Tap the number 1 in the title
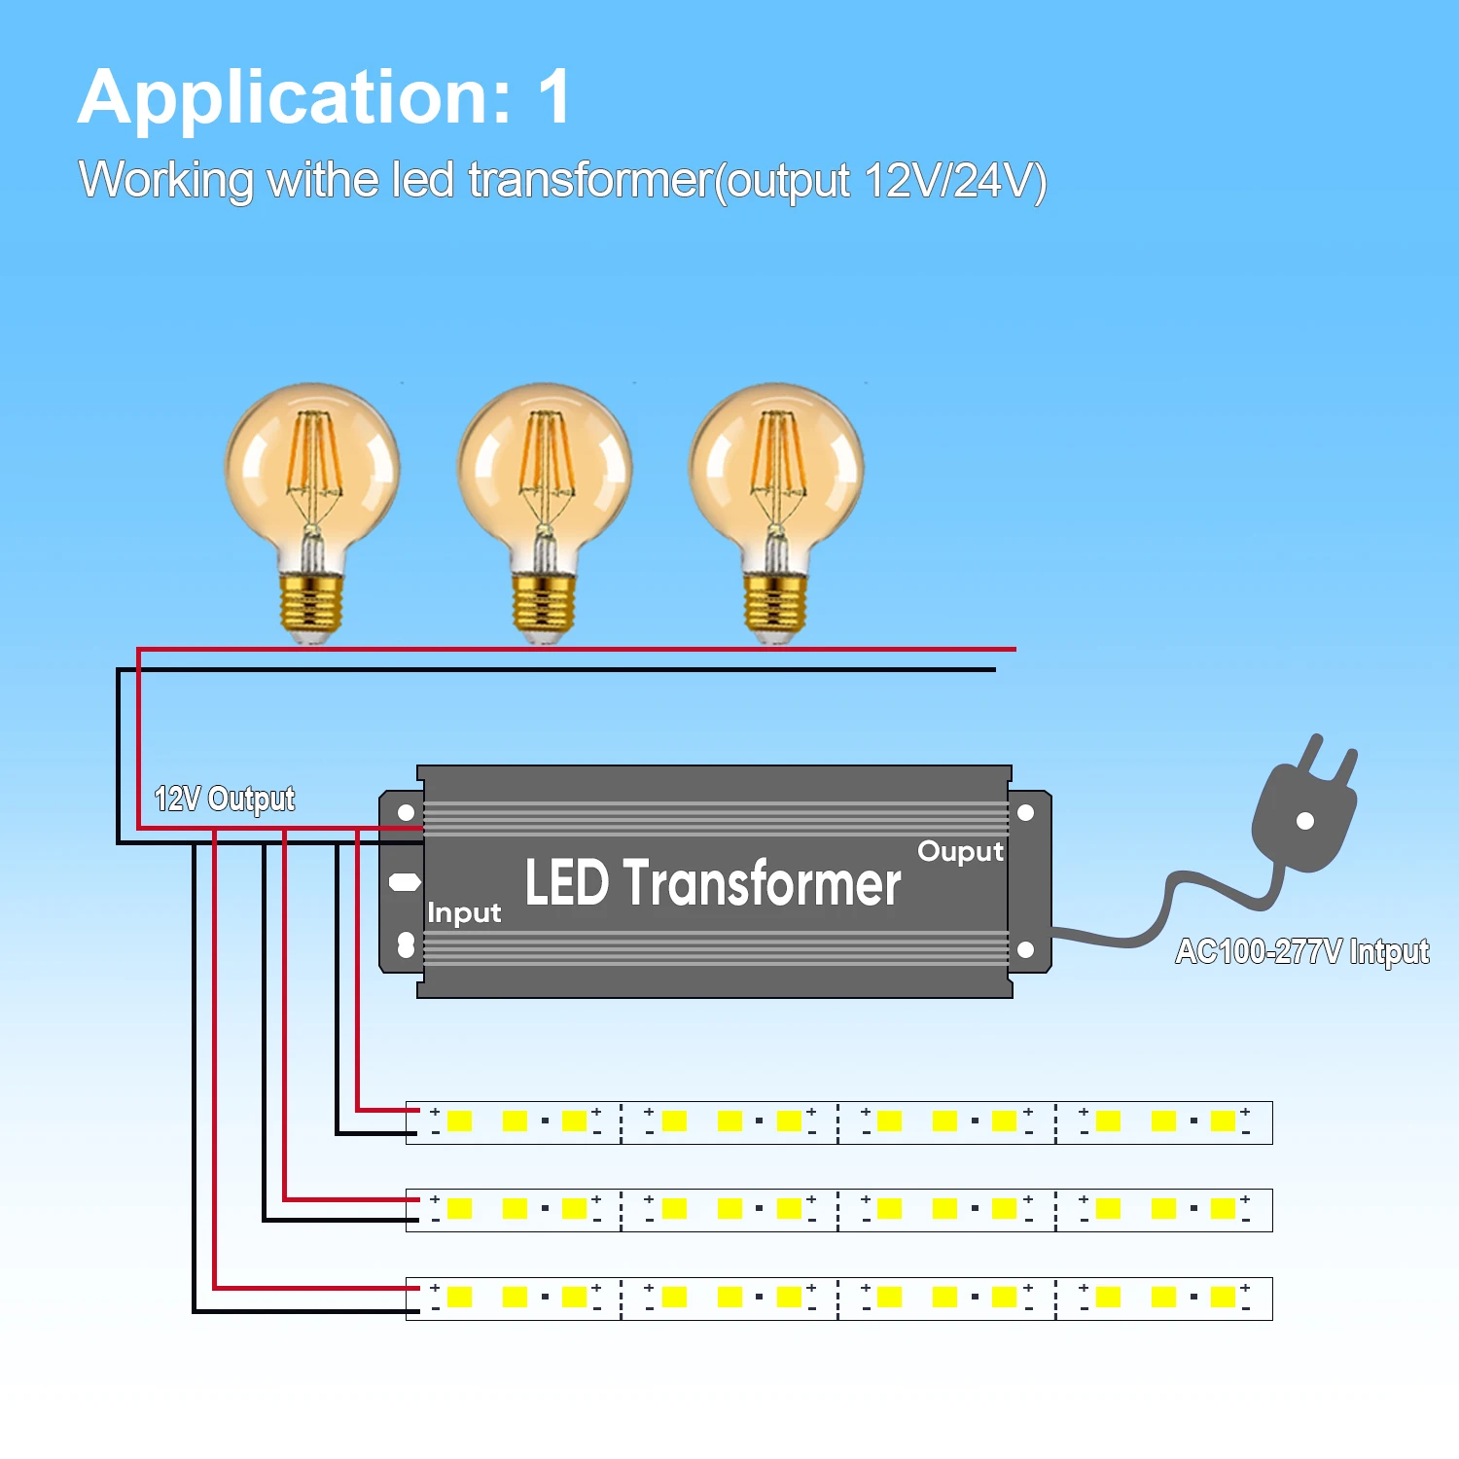tap(553, 97)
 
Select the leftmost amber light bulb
tap(312, 486)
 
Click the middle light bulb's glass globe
tap(545, 467)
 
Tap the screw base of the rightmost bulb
tap(775, 603)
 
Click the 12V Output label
tap(225, 799)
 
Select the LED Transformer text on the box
tap(713, 883)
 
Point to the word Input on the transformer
tap(464, 913)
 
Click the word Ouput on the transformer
tap(960, 852)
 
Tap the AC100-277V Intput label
tap(1302, 951)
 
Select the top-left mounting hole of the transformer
tap(407, 812)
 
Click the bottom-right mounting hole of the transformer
tap(1025, 949)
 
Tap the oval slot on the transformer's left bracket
tap(405, 882)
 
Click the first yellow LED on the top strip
tap(459, 1121)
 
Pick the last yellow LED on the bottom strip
tap(1223, 1297)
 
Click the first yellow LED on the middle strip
tap(459, 1209)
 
